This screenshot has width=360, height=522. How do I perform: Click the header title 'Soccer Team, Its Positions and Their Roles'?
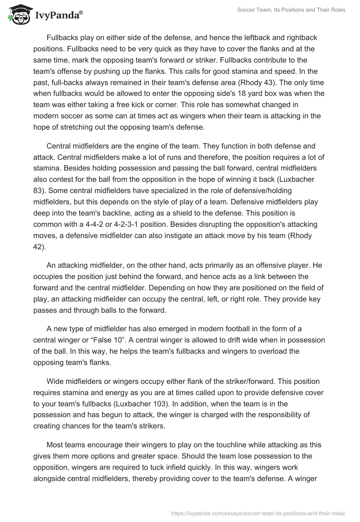point(291,10)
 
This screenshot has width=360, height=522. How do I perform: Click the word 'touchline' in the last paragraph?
point(227,434)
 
